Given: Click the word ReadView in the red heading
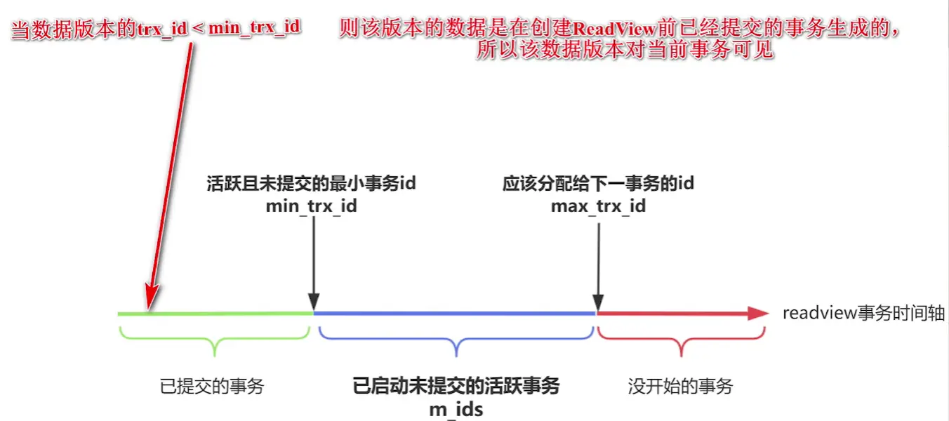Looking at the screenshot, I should pos(616,29).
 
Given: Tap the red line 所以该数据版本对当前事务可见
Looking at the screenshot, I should pos(625,51).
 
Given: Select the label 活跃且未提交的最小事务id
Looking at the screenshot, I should pos(312,184).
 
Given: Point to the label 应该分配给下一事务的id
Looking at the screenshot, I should pos(598,184).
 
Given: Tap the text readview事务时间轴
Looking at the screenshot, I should pos(864,313).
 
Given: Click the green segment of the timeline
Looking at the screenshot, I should pos(225,314).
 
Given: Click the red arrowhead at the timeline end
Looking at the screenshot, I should pos(758,314).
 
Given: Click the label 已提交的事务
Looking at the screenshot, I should pos(212,386).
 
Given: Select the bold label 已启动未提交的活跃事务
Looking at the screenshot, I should pos(456,386).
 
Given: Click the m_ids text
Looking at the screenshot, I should pos(456,409).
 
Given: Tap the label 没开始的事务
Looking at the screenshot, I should pos(680,386).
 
